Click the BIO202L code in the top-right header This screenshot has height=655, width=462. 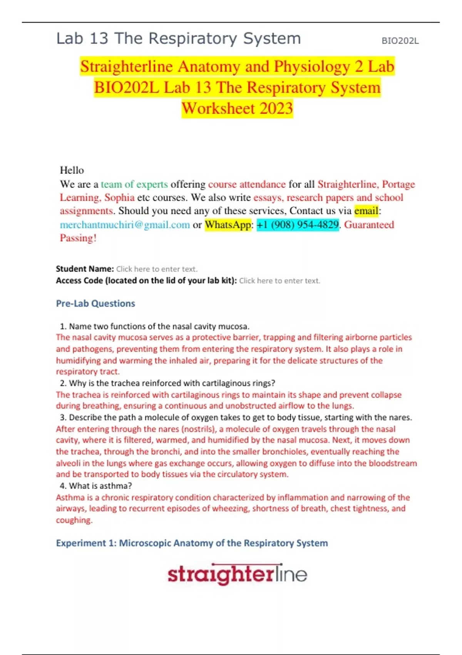400,41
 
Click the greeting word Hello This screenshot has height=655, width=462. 72,170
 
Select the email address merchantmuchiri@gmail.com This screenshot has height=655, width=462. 125,225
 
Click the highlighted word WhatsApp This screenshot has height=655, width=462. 228,225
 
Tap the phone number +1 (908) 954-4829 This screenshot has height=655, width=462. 298,225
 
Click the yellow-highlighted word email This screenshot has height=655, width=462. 366,211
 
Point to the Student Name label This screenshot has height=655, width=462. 85,269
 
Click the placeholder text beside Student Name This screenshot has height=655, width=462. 157,269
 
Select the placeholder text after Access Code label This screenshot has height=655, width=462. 280,280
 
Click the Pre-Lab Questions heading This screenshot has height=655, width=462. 95,304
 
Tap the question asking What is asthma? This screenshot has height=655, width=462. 100,486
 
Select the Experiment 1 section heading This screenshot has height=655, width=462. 192,543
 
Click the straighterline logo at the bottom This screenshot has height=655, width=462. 237,574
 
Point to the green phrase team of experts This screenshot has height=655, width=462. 134,184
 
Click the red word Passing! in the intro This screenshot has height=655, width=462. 78,238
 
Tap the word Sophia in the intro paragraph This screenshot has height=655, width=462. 119,198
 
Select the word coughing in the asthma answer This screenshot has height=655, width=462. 74,520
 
